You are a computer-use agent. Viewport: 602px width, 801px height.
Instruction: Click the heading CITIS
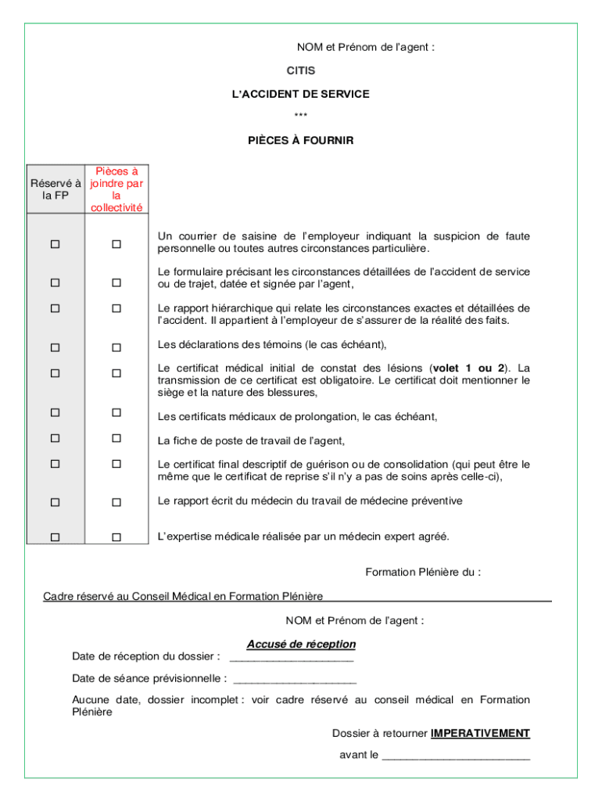pyautogui.click(x=301, y=70)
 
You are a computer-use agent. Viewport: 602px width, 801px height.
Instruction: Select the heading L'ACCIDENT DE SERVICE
pyautogui.click(x=301, y=94)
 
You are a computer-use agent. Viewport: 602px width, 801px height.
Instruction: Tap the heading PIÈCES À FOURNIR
pyautogui.click(x=301, y=141)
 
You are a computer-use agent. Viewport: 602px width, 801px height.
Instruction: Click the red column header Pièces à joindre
pyautogui.click(x=116, y=189)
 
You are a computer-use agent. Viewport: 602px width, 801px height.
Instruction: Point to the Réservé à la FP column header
pyautogui.click(x=56, y=189)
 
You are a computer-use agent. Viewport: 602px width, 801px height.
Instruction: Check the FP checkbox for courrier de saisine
pyautogui.click(x=56, y=244)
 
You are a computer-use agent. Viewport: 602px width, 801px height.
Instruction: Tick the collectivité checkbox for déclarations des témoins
pyautogui.click(x=116, y=347)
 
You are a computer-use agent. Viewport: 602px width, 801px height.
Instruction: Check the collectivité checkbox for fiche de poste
pyautogui.click(x=116, y=438)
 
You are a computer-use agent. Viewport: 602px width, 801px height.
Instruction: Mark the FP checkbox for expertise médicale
pyautogui.click(x=56, y=537)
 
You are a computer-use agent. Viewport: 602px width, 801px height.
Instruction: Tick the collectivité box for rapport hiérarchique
pyautogui.click(x=116, y=309)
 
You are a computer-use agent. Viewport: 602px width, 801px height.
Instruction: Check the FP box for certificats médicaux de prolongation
pyautogui.click(x=56, y=412)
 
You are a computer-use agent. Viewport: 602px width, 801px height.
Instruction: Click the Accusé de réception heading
pyautogui.click(x=301, y=644)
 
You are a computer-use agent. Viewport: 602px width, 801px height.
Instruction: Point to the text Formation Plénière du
pyautogui.click(x=423, y=572)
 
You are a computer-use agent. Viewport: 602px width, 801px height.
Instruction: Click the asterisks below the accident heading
pyautogui.click(x=301, y=117)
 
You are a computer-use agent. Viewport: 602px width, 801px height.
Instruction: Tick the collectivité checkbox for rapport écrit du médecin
pyautogui.click(x=116, y=501)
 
